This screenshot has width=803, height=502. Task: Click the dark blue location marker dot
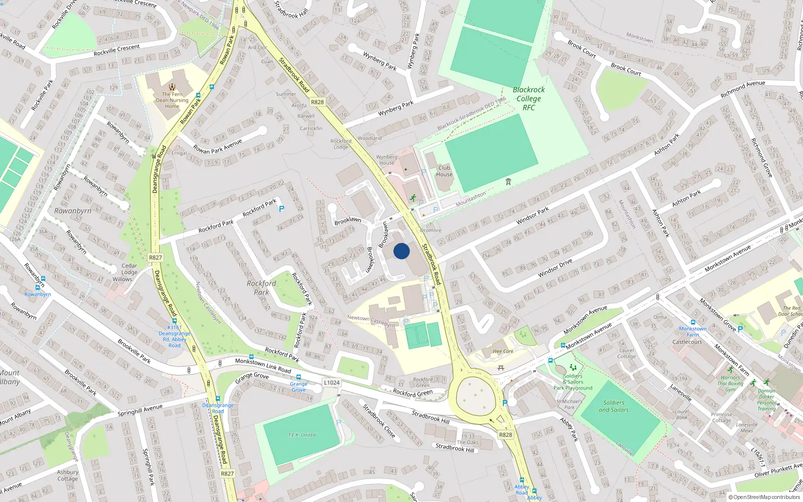pos(401,251)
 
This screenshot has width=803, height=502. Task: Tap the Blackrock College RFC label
pos(528,98)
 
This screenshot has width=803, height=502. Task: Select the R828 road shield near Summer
pos(317,102)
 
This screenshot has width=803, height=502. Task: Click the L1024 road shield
pos(332,383)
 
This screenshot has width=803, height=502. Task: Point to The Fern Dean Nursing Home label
pos(172,100)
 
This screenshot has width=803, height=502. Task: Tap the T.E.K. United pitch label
pos(302,435)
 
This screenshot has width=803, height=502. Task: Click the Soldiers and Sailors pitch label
pos(614,406)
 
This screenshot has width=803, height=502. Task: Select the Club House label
pos(444,171)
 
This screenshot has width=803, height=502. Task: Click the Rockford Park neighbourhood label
pos(261,288)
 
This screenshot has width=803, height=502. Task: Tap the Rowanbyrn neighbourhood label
pos(73,211)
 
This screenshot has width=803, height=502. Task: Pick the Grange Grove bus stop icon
pos(299,377)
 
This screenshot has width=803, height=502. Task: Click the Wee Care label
pos(503,351)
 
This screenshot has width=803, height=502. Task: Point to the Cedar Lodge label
pos(129,269)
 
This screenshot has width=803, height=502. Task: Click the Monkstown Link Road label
pos(263,365)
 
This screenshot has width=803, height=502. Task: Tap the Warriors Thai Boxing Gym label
pos(730,383)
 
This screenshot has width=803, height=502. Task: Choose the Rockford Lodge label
pos(341,144)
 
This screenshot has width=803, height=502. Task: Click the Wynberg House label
pos(386,160)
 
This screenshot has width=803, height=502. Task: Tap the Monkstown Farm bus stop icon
pos(693,323)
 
